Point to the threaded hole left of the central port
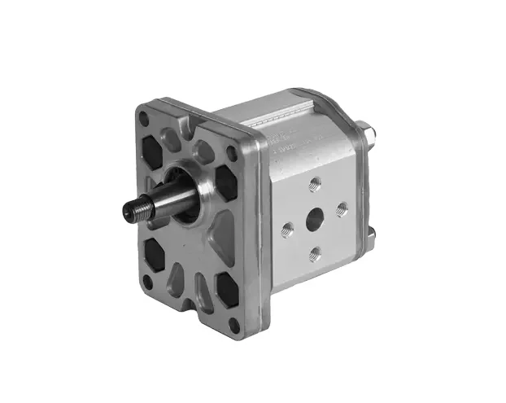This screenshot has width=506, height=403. point(286,229)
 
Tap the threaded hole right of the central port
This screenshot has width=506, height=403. point(342,208)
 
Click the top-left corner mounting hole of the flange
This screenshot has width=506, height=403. point(143,119)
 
